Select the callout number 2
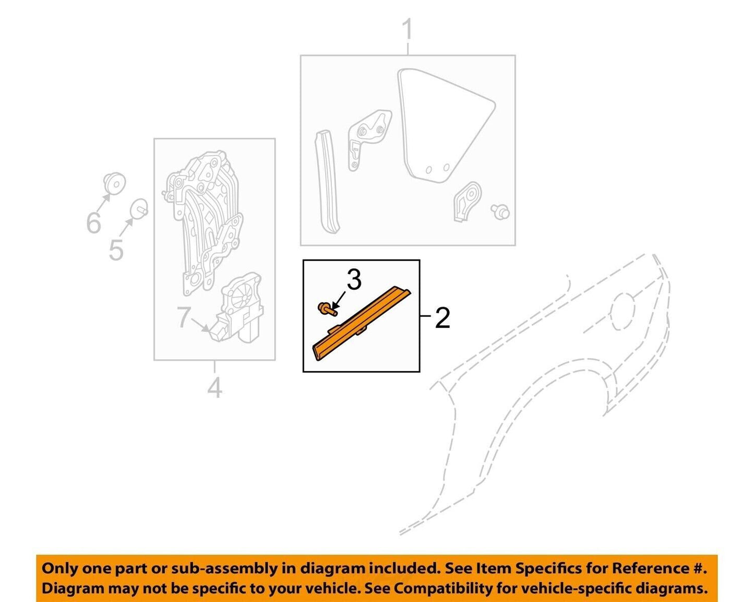coord(442,317)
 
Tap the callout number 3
coord(354,280)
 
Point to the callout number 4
coord(214,388)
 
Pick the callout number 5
coord(116,250)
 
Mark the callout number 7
coord(184,317)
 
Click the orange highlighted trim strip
coord(362,321)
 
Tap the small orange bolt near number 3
coord(326,309)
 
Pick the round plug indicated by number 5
coord(139,208)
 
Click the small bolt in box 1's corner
coord(500,211)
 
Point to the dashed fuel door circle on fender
coord(624,312)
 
